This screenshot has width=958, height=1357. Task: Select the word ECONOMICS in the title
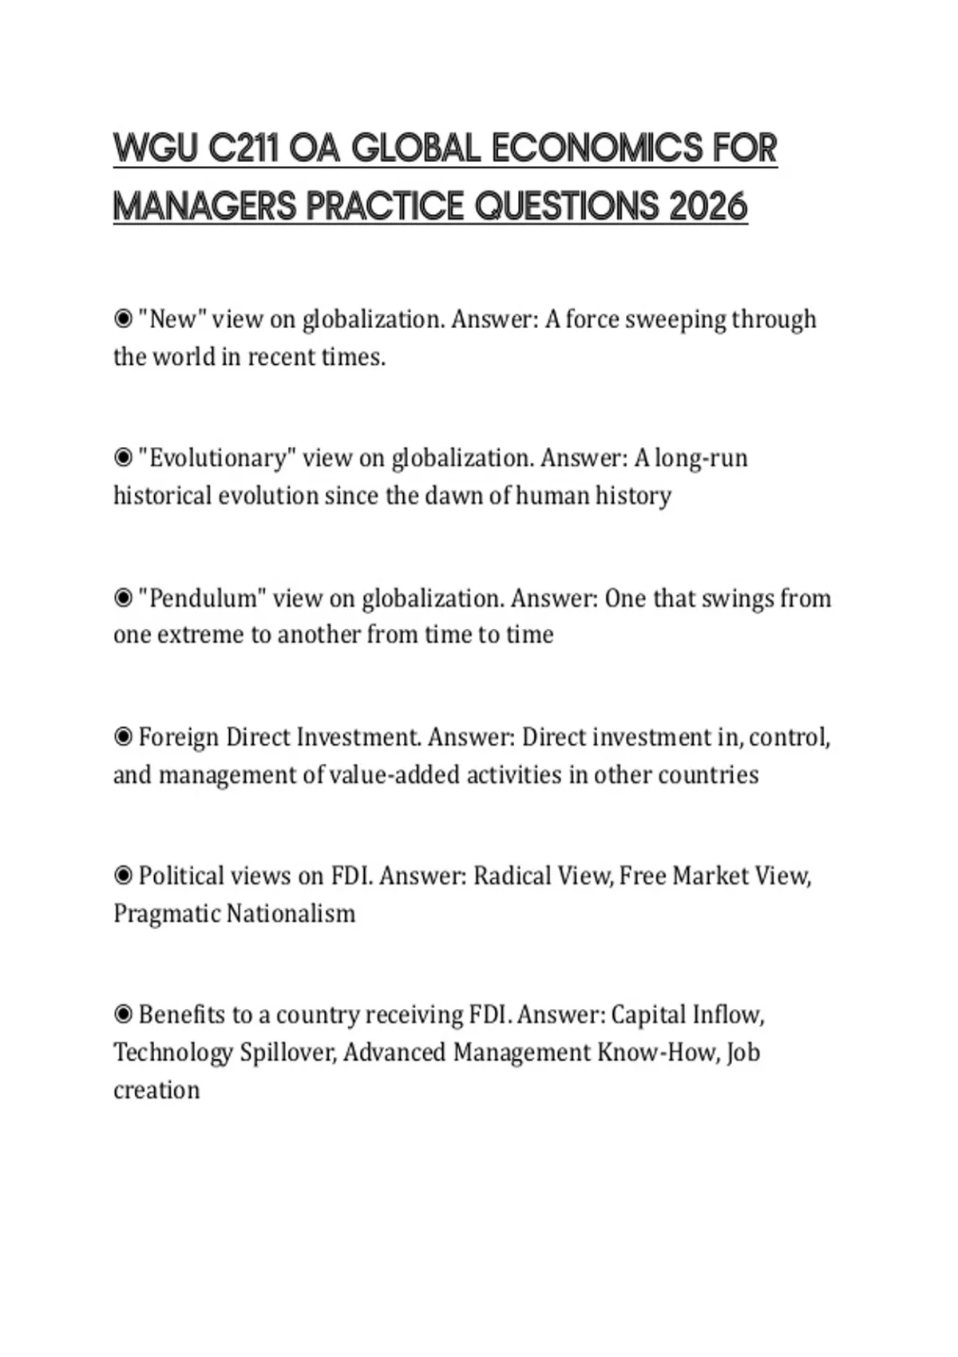596,148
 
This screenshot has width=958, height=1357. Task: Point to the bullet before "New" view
123,319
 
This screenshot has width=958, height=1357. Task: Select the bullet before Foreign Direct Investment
123,737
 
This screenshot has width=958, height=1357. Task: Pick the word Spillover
288,1053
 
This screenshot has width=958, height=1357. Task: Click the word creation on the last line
156,1090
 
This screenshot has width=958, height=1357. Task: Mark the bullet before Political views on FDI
123,876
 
